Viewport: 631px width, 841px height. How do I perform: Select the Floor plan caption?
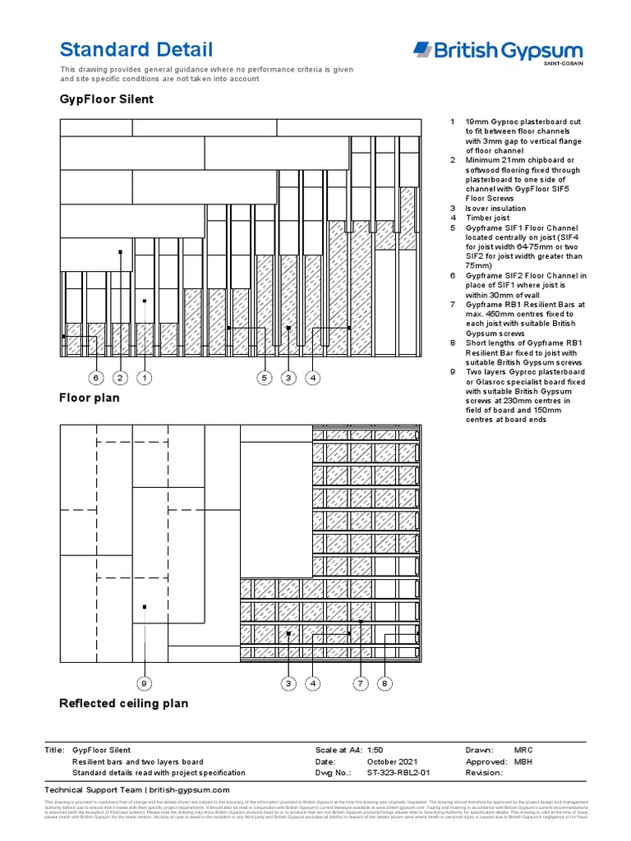tap(89, 398)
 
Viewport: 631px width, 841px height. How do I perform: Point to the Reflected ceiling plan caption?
tap(123, 703)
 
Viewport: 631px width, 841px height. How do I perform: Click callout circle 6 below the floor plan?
tap(96, 378)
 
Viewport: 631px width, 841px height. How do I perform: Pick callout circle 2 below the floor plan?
tap(120, 378)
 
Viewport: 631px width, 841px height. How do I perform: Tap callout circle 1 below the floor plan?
tap(144, 378)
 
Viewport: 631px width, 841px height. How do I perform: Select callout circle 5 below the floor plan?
tap(265, 378)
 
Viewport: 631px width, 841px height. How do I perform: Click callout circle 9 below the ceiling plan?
tap(144, 683)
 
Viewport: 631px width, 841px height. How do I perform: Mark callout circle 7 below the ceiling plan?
tap(360, 683)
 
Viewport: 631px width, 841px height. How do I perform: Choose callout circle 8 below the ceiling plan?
tap(385, 683)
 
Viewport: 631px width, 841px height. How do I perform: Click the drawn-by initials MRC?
tap(523, 751)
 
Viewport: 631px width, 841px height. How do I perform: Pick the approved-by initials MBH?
tap(523, 762)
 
